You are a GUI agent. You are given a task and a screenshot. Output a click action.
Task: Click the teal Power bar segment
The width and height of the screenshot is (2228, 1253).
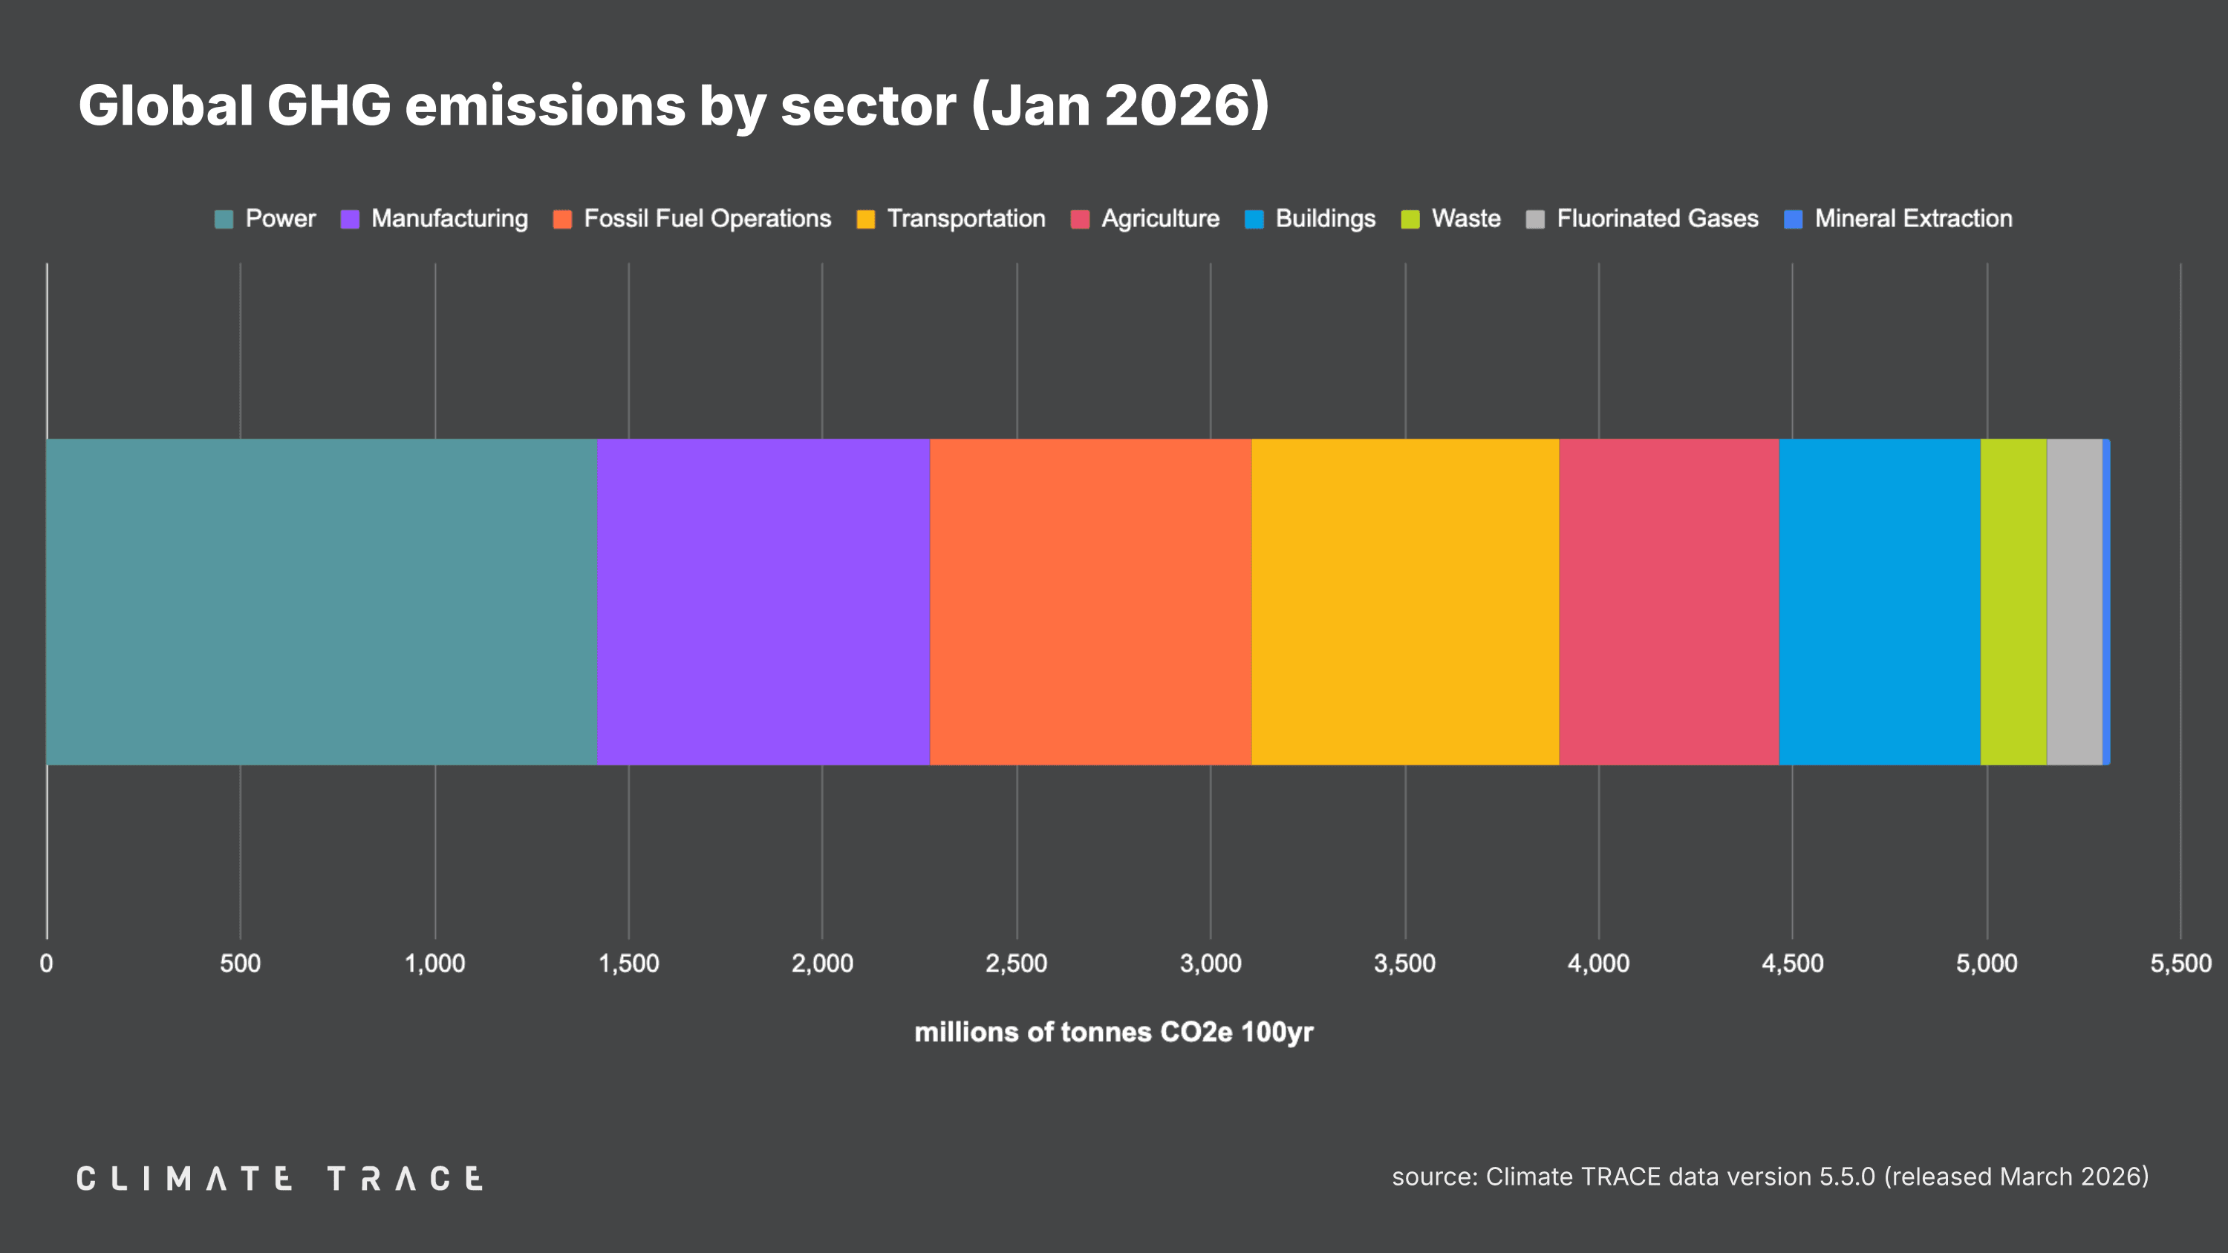point(321,601)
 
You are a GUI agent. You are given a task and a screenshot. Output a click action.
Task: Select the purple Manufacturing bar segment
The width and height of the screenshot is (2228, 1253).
point(763,601)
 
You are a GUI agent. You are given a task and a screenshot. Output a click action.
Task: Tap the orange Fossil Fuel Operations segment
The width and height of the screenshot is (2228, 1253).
point(1091,601)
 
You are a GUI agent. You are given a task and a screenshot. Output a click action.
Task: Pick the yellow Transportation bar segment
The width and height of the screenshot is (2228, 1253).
point(1404,601)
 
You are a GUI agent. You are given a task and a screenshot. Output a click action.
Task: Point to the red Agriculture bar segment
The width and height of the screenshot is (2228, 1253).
point(1669,601)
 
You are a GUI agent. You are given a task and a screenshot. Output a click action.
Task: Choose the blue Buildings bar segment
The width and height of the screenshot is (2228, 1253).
point(1880,601)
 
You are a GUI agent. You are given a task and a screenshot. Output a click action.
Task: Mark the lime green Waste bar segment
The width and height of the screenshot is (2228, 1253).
point(2013,601)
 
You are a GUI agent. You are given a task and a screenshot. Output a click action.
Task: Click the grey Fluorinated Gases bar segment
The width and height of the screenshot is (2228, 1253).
point(2074,601)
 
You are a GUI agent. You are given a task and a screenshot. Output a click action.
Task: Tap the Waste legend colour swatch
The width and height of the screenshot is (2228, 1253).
point(1410,220)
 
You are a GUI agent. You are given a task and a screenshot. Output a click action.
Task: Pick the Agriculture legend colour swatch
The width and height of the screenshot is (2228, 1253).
point(1079,220)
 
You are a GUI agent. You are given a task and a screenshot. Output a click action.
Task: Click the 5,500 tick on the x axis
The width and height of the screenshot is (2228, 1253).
point(2180,964)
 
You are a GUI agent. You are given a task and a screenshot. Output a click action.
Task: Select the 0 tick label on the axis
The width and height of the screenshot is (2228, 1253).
point(47,964)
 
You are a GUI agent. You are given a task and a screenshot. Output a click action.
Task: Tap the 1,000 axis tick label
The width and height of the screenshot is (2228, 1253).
point(434,964)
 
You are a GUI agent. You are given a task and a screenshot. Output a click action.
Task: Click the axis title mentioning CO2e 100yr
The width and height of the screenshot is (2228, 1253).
point(1113,1032)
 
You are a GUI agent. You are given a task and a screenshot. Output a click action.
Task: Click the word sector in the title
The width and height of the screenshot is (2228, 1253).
point(868,105)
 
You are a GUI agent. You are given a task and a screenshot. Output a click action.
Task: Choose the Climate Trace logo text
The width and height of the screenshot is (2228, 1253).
point(279,1179)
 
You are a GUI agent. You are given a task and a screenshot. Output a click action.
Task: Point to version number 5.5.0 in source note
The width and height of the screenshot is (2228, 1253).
point(1846,1177)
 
